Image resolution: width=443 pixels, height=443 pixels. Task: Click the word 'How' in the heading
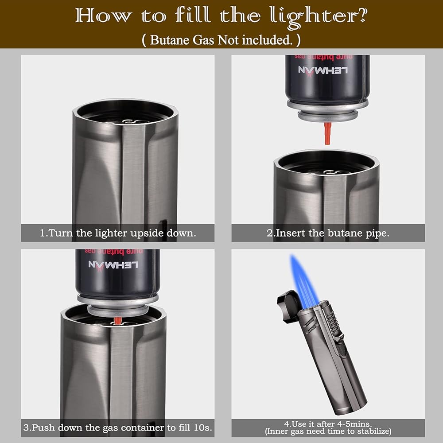coord(103,16)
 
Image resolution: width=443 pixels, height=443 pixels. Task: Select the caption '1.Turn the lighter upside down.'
coord(118,233)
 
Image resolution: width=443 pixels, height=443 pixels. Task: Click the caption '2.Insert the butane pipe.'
coord(328,233)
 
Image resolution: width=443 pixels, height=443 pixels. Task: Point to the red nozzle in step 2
coord(327,133)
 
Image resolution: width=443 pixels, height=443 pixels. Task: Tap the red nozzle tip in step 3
coord(118,320)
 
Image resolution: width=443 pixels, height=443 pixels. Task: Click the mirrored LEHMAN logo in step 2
coord(323,70)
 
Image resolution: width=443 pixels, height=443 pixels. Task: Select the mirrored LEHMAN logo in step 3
coord(113,265)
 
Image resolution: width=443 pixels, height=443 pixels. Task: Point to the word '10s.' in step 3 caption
coord(203,427)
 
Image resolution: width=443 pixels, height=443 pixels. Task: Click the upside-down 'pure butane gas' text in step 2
coord(324,57)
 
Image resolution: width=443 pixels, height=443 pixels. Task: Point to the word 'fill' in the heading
coord(192,15)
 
